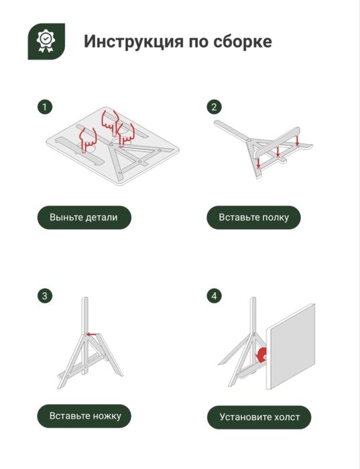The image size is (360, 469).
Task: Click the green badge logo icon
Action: coord(46,42)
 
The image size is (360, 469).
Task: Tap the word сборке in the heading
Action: coord(243,41)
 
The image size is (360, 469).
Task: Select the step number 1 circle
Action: coord(45,107)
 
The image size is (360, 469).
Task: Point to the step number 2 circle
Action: coord(215,107)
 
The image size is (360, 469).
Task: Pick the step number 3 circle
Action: coord(45,296)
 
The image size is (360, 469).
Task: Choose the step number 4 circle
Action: coord(215,296)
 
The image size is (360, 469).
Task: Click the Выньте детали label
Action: coord(84,218)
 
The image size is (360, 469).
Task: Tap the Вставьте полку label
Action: coord(253,218)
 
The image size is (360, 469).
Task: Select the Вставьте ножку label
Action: coord(84,416)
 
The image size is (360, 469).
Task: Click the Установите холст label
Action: coord(259,417)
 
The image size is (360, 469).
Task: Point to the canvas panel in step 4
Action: coord(290,346)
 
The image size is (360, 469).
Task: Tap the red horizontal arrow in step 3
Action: coord(92,334)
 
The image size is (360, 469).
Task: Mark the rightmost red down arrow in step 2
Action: coord(297,140)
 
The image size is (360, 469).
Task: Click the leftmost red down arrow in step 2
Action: coord(258,162)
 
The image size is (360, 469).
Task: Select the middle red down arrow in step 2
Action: coord(278,151)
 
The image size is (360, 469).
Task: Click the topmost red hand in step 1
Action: coord(109,121)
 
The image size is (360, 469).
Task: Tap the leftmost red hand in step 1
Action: coord(88,139)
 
